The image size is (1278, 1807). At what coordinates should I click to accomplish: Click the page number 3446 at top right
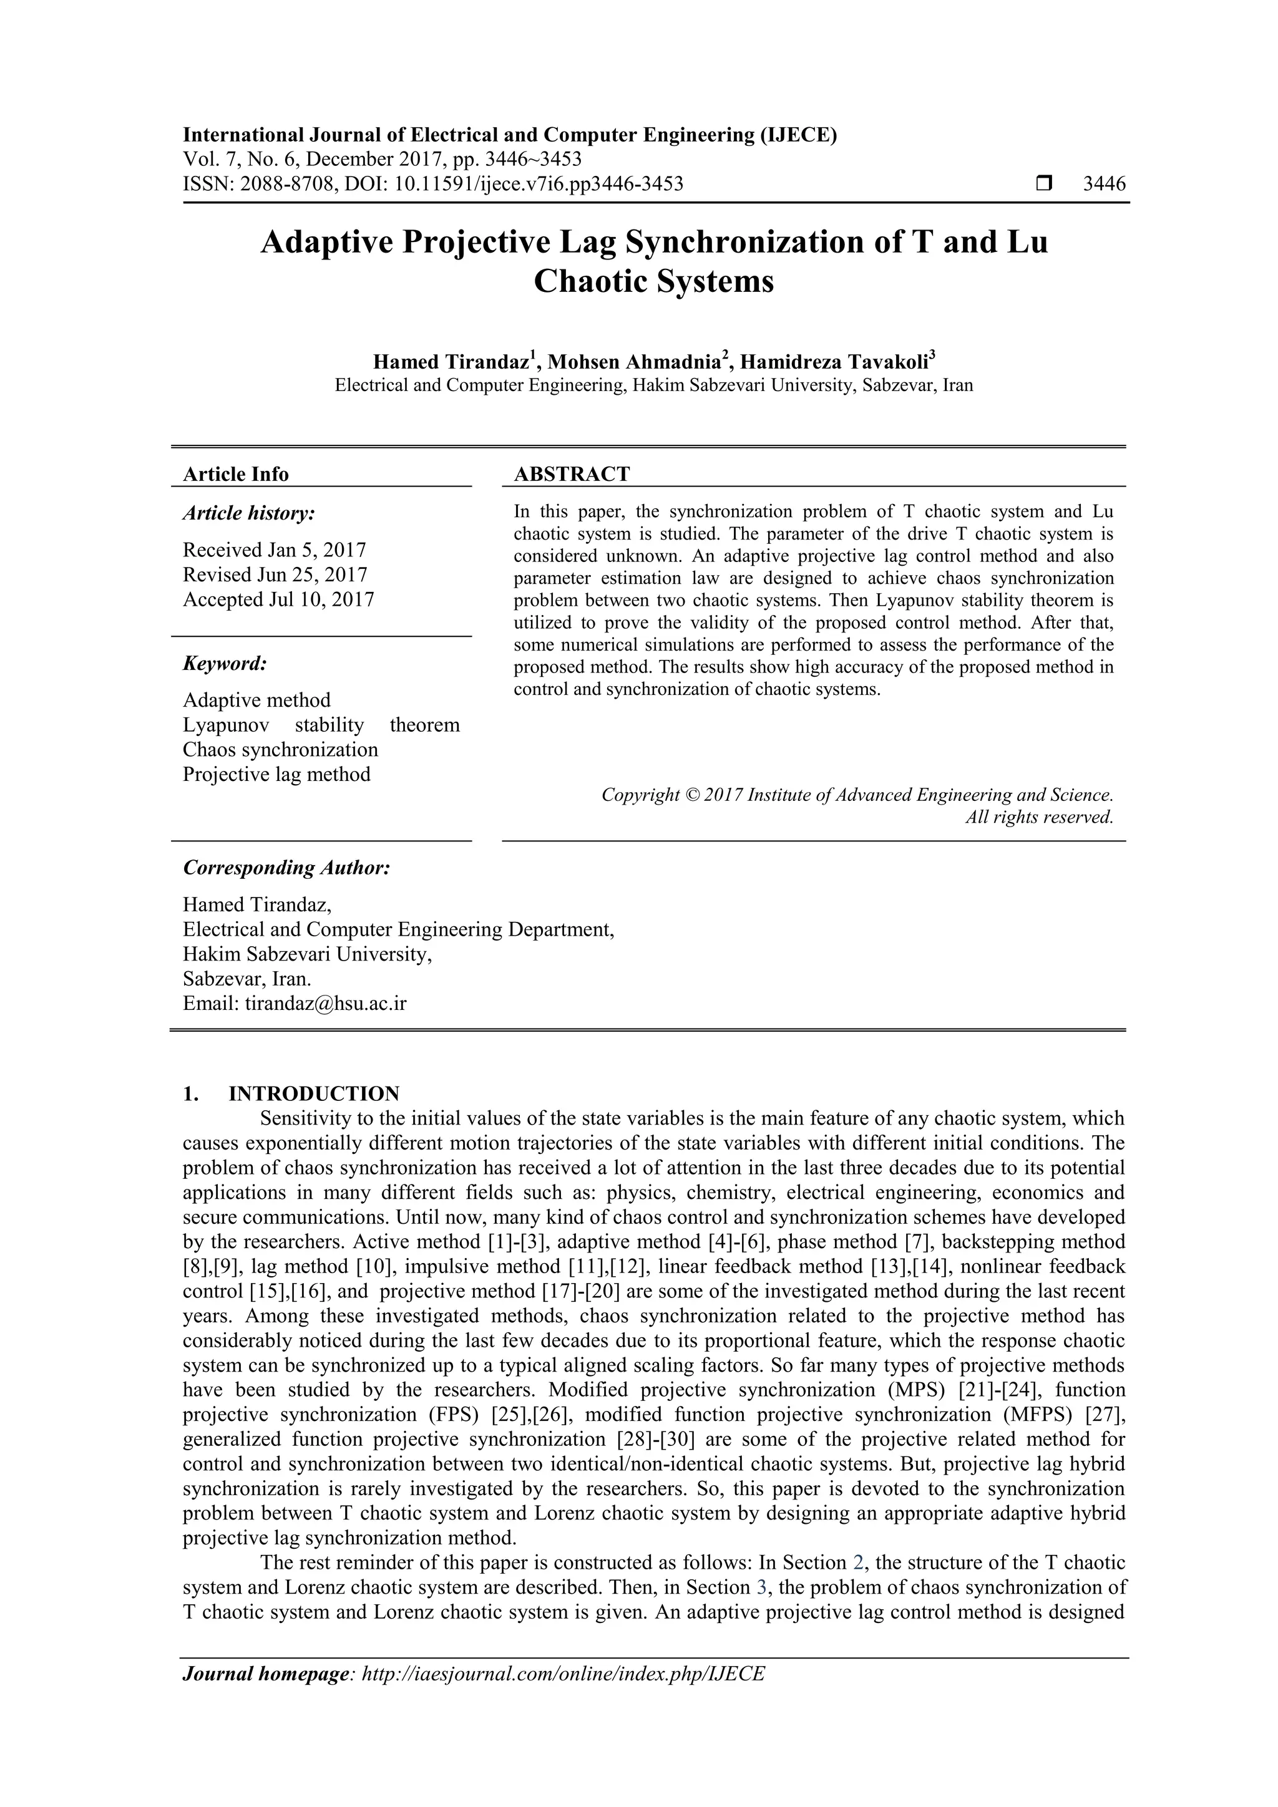pyautogui.click(x=1104, y=184)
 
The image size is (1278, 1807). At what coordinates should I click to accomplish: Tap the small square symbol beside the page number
pyautogui.click(x=1044, y=184)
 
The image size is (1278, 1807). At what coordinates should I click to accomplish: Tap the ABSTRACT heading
pyautogui.click(x=572, y=474)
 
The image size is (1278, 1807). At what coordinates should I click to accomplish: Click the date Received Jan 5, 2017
pyautogui.click(x=274, y=550)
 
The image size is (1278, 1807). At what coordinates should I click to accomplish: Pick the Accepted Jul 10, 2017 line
pyautogui.click(x=278, y=599)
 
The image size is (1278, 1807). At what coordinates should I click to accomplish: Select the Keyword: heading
pyautogui.click(x=225, y=664)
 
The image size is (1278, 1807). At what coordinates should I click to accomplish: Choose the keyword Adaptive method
pyautogui.click(x=256, y=700)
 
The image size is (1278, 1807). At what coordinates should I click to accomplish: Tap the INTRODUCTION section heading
pyautogui.click(x=313, y=1093)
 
